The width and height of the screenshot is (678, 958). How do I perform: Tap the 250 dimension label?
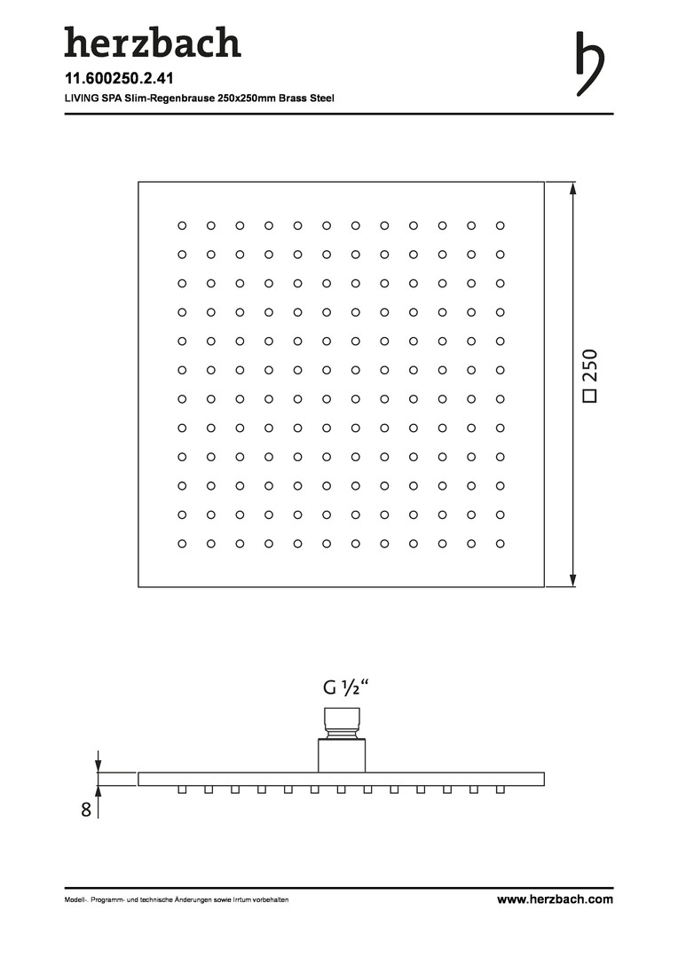pos(591,365)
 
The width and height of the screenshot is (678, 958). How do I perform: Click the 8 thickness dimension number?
pos(86,809)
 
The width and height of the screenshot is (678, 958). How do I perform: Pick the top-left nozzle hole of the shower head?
pos(182,225)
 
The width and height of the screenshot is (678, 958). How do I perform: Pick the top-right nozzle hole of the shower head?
pos(501,225)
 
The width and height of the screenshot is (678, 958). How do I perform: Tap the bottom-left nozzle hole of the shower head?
pos(182,543)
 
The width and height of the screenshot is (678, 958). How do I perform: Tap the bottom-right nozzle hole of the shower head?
pos(501,543)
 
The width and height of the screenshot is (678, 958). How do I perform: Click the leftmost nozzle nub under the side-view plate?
pos(181,789)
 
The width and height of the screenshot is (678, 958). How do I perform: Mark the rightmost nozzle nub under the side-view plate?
pos(501,789)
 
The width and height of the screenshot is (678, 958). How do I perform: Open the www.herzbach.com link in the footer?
pos(555,899)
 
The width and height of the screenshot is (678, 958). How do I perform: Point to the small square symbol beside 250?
pos(589,397)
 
